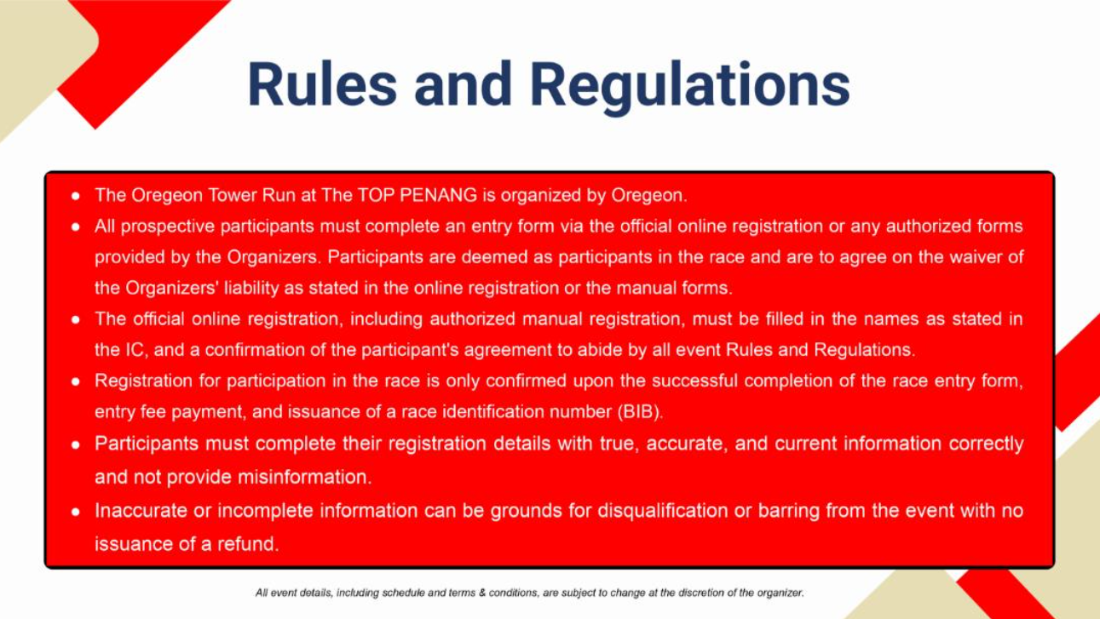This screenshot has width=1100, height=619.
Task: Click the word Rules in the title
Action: point(322,84)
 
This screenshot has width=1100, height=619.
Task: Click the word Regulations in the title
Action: point(690,87)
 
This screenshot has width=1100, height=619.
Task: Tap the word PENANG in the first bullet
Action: point(438,195)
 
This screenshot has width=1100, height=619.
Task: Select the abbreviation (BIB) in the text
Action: point(639,411)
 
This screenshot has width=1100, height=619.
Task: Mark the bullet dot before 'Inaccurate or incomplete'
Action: point(75,512)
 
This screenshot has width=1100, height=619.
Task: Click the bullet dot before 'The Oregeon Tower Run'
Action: point(75,197)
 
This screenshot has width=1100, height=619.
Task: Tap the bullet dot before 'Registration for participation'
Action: point(75,382)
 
